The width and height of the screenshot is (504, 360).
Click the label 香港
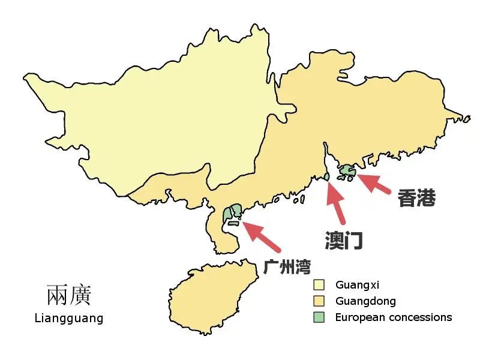coord(416,198)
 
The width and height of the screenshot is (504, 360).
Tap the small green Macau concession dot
coord(327,176)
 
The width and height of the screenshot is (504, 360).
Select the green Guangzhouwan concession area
coord(232,212)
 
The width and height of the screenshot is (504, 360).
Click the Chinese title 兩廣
coord(69,296)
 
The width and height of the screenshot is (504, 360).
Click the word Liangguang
coord(69,318)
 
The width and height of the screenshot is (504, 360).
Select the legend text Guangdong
coord(365,301)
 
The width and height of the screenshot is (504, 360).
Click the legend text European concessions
coord(394,317)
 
